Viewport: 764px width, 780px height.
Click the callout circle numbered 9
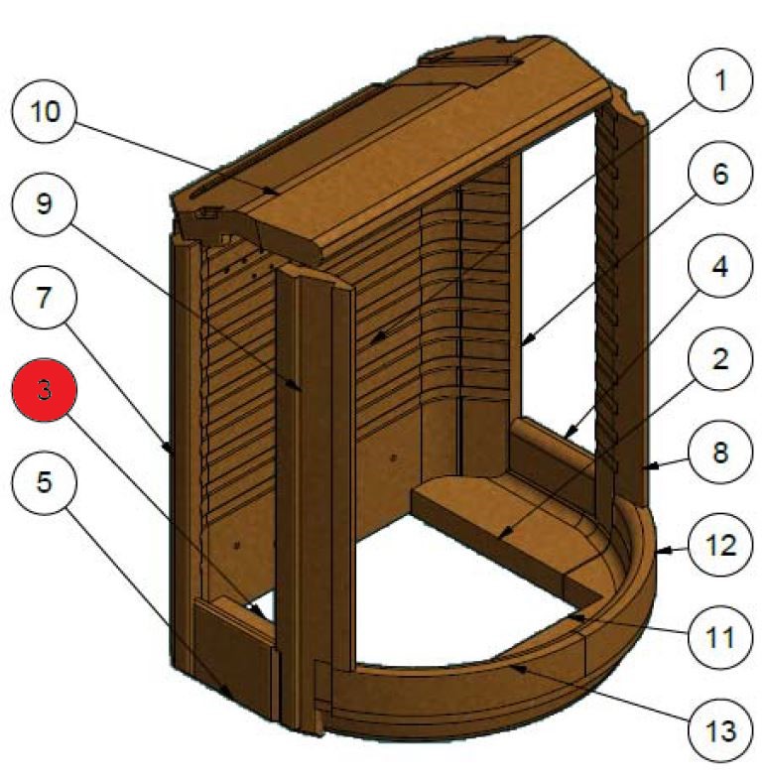click(44, 203)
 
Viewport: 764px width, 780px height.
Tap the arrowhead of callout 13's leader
click(507, 668)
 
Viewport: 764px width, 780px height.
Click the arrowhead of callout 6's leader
click(522, 344)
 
